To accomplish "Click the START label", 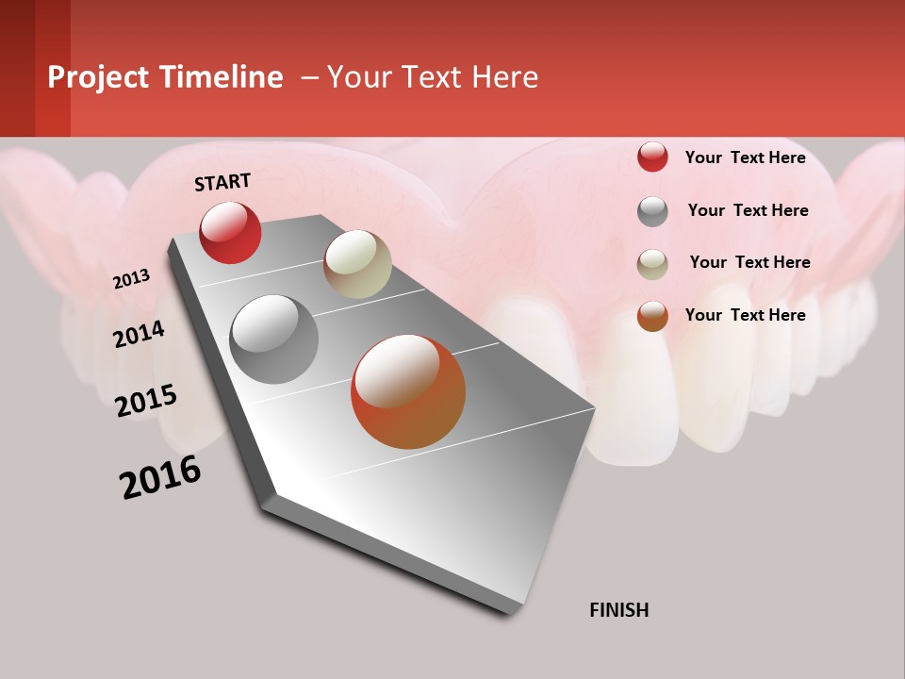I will click(x=222, y=182).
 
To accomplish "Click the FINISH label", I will click(x=618, y=610).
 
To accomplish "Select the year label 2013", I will click(x=131, y=279).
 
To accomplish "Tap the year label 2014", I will click(x=139, y=335).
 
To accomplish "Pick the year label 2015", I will click(x=146, y=401).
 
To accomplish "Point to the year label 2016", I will click(x=160, y=477).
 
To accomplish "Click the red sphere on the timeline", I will click(x=230, y=232).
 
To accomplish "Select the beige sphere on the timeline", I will click(x=357, y=264).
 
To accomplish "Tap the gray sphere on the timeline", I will click(x=273, y=339).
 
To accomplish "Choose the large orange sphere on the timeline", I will click(x=408, y=391).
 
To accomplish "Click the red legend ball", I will click(x=652, y=157).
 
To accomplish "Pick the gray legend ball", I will click(x=652, y=211).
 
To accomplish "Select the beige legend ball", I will click(x=652, y=264).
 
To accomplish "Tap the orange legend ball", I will click(x=652, y=316).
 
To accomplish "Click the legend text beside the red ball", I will click(x=745, y=157).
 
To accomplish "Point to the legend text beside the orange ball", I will click(x=745, y=315).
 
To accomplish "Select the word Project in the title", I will click(x=98, y=77).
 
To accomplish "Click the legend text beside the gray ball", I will click(x=748, y=210).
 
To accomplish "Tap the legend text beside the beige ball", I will click(x=749, y=262).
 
